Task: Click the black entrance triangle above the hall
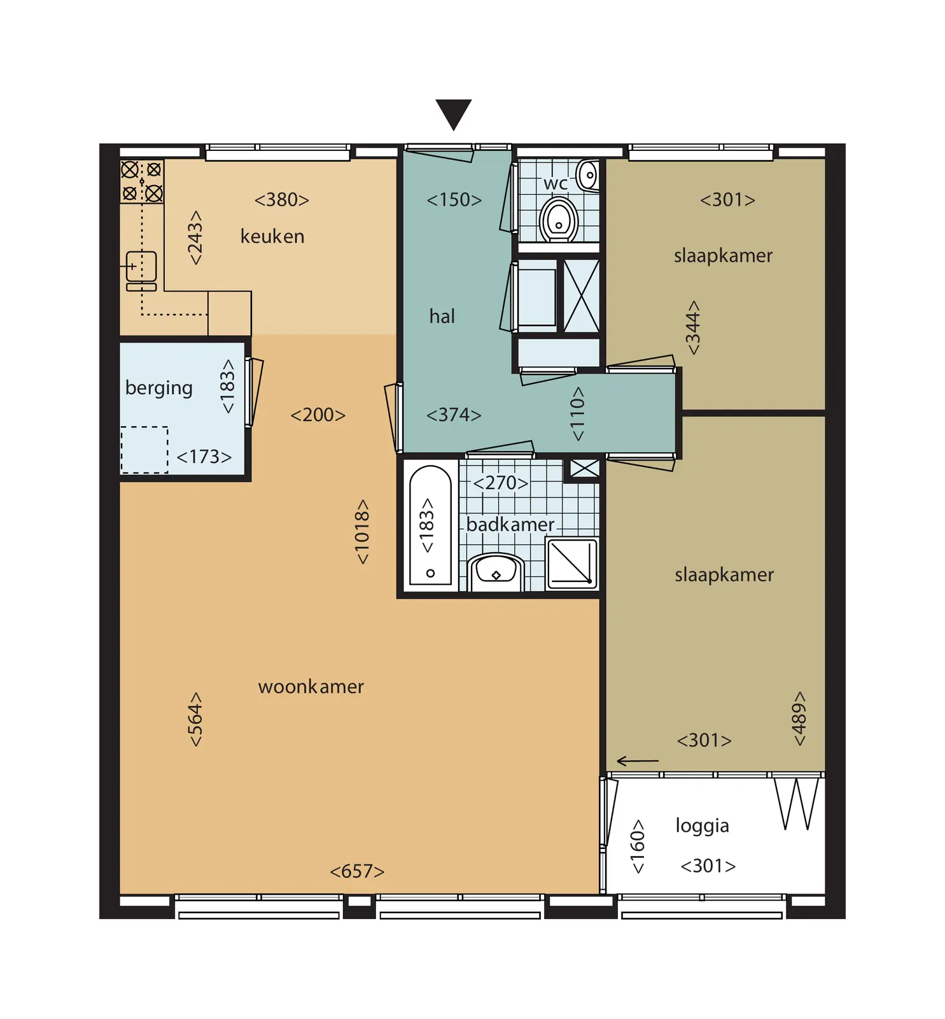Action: [x=453, y=113]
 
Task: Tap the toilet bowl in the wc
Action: [x=558, y=219]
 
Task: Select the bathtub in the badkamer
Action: [x=430, y=525]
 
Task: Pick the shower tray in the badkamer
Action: [x=572, y=563]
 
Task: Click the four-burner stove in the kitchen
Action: [x=142, y=182]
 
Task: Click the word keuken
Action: [x=272, y=236]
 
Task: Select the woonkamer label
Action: [x=311, y=687]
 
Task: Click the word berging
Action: [x=159, y=388]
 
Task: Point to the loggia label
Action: [x=703, y=825]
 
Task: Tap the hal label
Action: [x=442, y=316]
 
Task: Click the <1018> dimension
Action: [x=361, y=532]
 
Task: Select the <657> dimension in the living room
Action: [x=357, y=871]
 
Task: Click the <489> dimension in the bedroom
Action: [x=799, y=718]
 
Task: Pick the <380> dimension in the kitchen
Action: [x=282, y=200]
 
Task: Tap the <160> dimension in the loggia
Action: [x=637, y=846]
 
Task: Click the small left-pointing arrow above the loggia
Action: [x=638, y=761]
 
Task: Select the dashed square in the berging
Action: [x=144, y=450]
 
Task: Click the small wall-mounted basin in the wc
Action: [x=589, y=175]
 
